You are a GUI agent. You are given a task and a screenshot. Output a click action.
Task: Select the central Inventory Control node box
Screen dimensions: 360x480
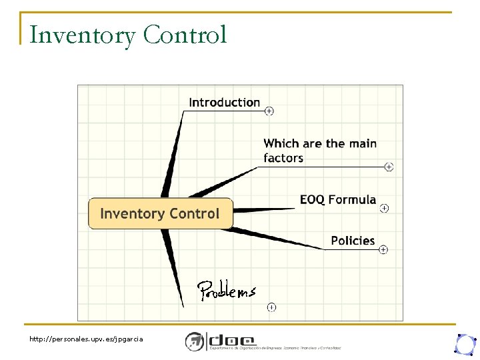tap(160, 214)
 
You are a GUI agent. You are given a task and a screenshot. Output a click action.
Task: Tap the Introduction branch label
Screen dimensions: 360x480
tap(224, 103)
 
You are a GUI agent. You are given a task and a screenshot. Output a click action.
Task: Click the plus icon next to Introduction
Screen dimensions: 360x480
tap(269, 111)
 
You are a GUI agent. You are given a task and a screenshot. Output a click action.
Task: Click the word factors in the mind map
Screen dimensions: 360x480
tap(283, 159)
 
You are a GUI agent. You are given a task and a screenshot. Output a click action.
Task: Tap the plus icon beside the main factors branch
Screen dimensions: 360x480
tap(389, 167)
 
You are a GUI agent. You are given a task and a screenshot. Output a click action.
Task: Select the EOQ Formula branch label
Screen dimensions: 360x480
tap(337, 200)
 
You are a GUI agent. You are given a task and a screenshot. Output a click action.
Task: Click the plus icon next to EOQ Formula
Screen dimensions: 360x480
tap(384, 208)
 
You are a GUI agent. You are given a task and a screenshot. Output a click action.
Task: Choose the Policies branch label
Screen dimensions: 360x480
tap(353, 241)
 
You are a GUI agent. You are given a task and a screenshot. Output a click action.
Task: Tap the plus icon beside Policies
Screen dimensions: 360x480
tap(383, 249)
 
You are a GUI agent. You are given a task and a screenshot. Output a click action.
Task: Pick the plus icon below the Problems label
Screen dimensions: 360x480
tap(271, 307)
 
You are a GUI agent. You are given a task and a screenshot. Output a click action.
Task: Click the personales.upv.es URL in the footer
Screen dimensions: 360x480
tap(86, 339)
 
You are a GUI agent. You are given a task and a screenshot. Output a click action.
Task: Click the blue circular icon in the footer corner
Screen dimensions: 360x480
tap(465, 343)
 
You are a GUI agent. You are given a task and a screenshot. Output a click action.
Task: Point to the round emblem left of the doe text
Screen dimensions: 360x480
tap(194, 341)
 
